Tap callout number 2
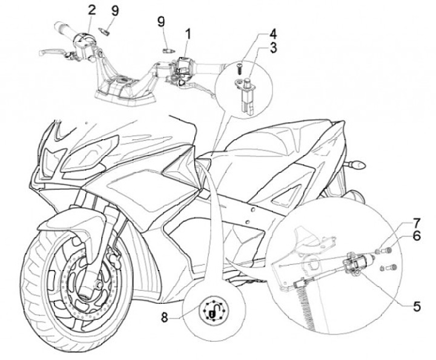coord(91,10)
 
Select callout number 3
coord(274,48)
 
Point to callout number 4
coord(274,33)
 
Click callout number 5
coord(417,306)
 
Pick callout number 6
coord(417,238)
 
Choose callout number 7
coord(417,223)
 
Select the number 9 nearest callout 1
coord(161,22)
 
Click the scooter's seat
coord(285,139)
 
